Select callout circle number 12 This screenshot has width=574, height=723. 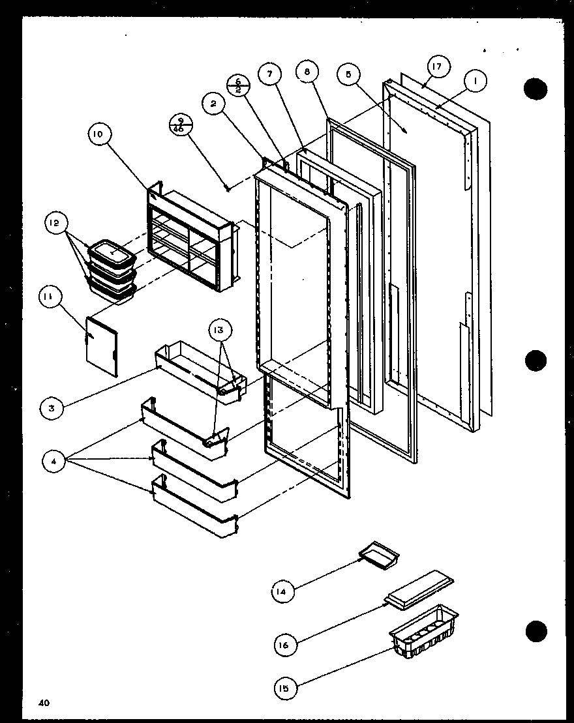point(55,224)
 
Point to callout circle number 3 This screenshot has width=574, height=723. point(51,409)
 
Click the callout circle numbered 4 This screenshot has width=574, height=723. point(55,462)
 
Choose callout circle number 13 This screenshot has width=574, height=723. point(219,329)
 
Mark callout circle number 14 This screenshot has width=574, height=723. point(282,591)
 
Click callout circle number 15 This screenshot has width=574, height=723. point(285,687)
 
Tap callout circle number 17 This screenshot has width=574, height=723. point(437,66)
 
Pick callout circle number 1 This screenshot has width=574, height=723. point(476,81)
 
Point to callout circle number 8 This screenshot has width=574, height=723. point(307,72)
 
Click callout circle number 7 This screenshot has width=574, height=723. point(269,73)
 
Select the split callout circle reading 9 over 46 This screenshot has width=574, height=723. point(179,123)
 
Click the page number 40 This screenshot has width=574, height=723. point(44,702)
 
